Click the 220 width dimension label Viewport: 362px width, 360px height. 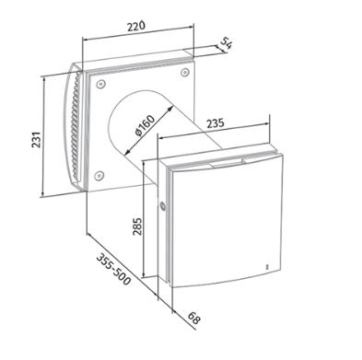[x=136, y=26]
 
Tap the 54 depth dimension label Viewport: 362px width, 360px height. [x=226, y=42]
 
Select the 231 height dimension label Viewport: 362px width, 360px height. [x=36, y=140]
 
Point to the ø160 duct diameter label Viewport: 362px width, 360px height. [x=145, y=126]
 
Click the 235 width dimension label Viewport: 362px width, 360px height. [x=215, y=123]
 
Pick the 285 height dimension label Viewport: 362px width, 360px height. [x=137, y=226]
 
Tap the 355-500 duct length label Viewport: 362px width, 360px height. [x=113, y=269]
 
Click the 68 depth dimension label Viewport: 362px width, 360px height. [x=193, y=319]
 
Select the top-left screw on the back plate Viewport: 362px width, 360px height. [x=100, y=84]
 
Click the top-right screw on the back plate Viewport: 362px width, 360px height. [x=184, y=72]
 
